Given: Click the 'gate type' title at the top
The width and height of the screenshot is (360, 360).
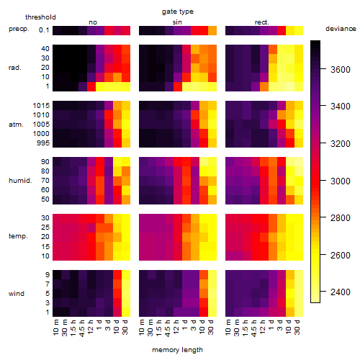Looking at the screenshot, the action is tap(178, 12).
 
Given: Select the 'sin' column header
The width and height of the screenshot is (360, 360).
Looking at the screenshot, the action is tap(177, 22).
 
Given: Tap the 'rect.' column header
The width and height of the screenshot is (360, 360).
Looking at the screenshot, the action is tap(261, 22).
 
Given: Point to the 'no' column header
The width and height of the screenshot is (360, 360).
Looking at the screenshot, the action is tap(93, 22).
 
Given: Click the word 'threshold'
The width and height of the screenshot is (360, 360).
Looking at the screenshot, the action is tap(40, 17).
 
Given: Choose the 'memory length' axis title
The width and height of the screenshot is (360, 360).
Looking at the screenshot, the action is tap(177, 350).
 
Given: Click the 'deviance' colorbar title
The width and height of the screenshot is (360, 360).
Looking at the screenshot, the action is tap(341, 29).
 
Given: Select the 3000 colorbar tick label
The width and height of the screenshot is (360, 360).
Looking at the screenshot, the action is tap(341, 181).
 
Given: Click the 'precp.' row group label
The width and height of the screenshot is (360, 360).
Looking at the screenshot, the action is tap(19, 29).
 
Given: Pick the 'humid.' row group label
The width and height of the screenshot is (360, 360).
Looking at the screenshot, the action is tap(20, 180).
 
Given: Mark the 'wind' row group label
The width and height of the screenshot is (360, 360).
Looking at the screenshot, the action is tap(17, 294).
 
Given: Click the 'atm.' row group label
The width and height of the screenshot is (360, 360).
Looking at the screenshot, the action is tap(16, 125).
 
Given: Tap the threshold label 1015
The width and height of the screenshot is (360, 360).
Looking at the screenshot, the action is tap(41, 106).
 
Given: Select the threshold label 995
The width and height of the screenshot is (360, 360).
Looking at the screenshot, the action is tap(43, 143).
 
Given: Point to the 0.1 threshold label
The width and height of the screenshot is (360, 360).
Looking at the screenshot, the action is tap(44, 30).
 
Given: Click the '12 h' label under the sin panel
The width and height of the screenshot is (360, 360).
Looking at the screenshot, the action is tap(176, 326).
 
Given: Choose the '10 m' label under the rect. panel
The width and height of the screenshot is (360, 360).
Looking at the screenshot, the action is tap(228, 328).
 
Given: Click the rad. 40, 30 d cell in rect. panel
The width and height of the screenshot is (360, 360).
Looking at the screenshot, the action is tap(299, 49).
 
